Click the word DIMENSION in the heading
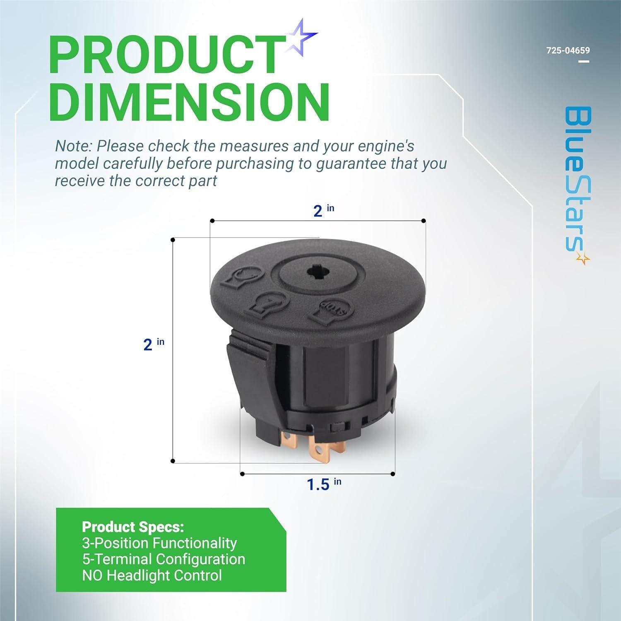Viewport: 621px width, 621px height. tap(192, 102)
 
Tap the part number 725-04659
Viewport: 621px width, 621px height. tap(568, 51)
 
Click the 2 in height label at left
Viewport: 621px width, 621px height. tap(153, 344)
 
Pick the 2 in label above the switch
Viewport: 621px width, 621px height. tap(323, 210)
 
